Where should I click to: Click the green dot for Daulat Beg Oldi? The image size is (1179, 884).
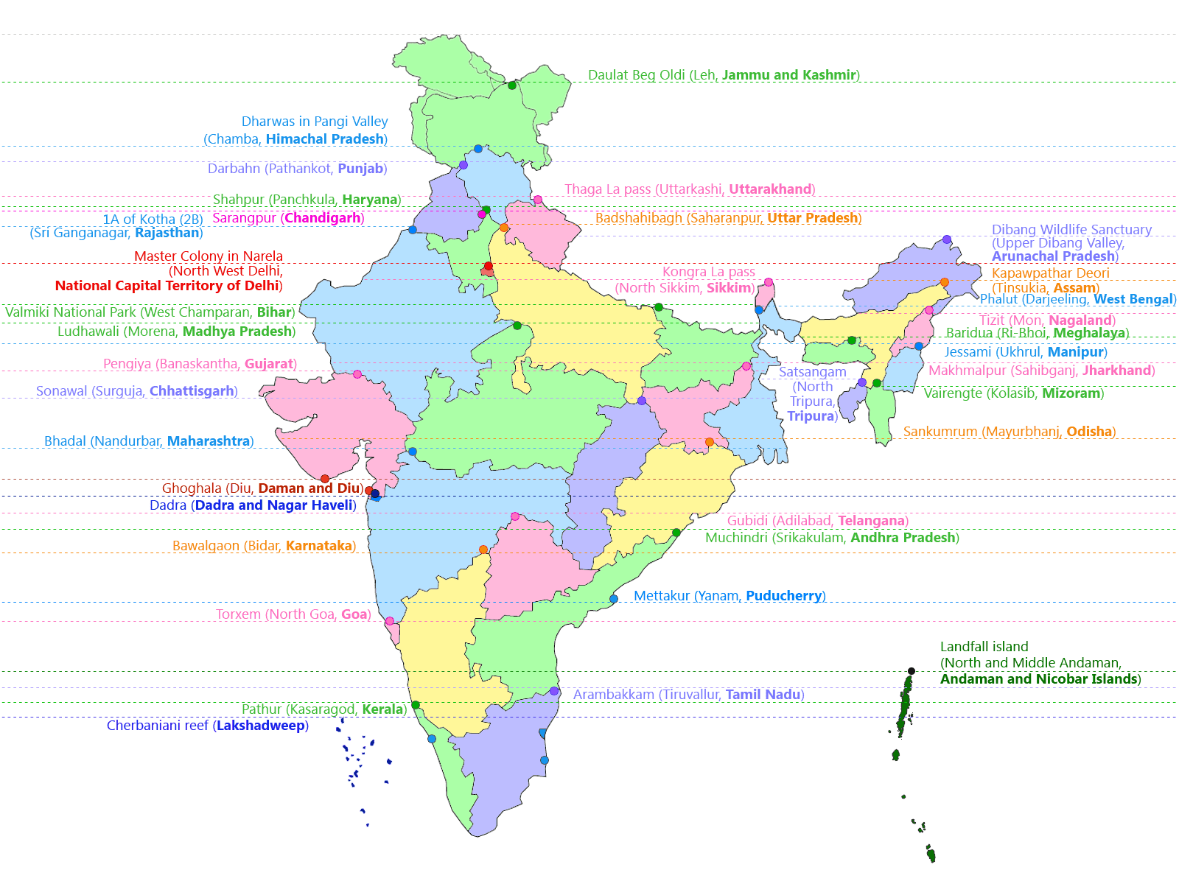click(512, 85)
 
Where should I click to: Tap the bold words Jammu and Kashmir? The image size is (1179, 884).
click(788, 75)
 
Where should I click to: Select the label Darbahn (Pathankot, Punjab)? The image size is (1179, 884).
click(297, 169)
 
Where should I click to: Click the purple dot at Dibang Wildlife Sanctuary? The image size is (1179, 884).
click(947, 239)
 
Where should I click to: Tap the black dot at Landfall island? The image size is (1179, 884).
click(912, 671)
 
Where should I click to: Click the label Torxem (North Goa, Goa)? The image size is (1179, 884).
click(293, 614)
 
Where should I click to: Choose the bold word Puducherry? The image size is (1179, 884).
click(783, 596)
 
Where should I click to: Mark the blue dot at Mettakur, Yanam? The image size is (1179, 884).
click(614, 599)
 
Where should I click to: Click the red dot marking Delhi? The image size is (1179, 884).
click(488, 266)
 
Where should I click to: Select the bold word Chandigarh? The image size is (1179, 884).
click(323, 218)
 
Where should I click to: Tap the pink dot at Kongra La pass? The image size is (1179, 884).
click(769, 282)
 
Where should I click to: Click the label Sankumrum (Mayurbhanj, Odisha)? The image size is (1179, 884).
click(1010, 432)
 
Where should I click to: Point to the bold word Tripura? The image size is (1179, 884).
click(810, 416)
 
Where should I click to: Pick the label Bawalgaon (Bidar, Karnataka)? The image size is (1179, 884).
click(264, 546)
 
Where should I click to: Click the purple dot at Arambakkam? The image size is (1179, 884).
click(554, 691)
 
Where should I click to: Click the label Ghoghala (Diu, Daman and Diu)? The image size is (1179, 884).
click(263, 488)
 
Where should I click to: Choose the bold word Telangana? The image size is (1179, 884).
click(871, 521)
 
